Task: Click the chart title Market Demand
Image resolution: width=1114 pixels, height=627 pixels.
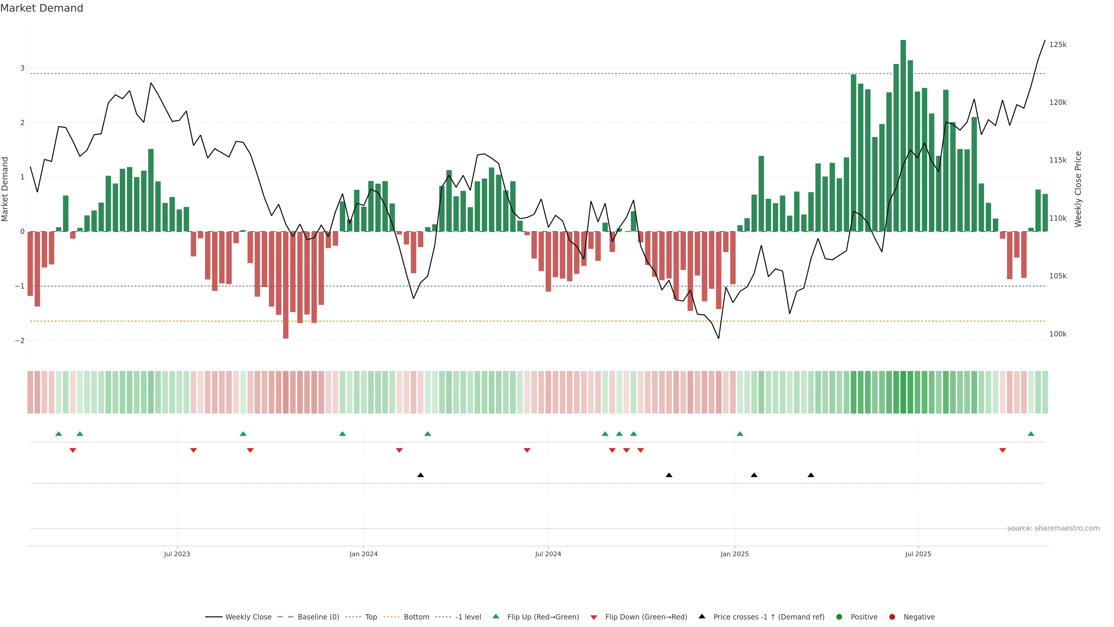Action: (41, 8)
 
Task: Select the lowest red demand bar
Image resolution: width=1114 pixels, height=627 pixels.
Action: (285, 286)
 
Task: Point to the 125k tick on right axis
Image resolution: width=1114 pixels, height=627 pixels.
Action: (1057, 45)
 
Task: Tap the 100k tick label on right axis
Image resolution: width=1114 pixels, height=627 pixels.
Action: (1057, 334)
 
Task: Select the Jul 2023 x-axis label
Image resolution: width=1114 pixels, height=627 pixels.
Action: (177, 554)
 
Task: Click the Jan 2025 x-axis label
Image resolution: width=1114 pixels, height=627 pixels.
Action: (734, 554)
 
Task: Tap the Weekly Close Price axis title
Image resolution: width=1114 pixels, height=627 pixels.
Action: (1078, 189)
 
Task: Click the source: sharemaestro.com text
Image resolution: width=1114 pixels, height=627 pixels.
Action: (1053, 528)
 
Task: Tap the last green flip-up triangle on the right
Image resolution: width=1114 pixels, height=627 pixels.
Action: (1031, 434)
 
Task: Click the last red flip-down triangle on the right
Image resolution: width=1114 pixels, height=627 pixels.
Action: (1002, 451)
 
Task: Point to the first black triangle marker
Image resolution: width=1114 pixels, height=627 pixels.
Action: (420, 475)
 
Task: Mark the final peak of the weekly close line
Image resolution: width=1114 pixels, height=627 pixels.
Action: (1045, 40)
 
